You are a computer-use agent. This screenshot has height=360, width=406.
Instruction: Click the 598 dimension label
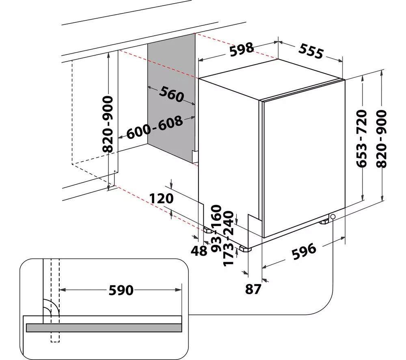242,49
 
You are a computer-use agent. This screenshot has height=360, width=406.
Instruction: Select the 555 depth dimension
311,51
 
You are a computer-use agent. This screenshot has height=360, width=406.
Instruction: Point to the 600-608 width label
155,127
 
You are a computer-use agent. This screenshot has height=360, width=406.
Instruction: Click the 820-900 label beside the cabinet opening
108,124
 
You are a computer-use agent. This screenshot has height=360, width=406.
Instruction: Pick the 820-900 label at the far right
381,139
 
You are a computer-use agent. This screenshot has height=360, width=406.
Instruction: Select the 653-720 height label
362,138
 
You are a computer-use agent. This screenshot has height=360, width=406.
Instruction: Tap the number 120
161,198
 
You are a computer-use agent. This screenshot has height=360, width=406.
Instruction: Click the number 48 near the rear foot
199,250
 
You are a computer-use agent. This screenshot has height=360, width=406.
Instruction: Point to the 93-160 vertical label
216,229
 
